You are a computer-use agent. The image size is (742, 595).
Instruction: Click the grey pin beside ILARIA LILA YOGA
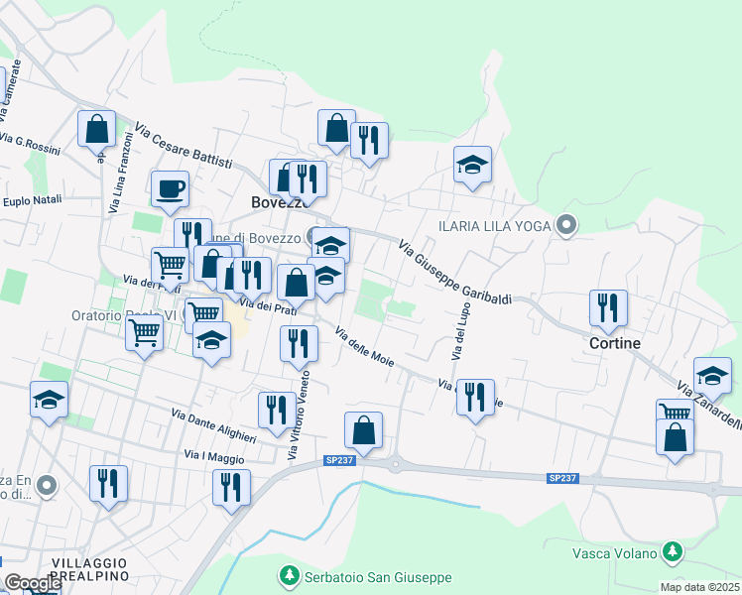pyautogui.click(x=566, y=226)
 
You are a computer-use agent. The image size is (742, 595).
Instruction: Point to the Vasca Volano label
pyautogui.click(x=615, y=552)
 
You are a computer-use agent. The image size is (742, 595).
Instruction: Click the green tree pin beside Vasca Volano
pyautogui.click(x=674, y=550)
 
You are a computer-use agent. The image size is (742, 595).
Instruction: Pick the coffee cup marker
pyautogui.click(x=170, y=187)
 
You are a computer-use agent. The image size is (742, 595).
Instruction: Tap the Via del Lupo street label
pyautogui.click(x=460, y=330)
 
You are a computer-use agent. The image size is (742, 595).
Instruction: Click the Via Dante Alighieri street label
pyautogui.click(x=213, y=425)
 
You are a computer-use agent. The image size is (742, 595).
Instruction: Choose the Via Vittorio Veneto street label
pyautogui.click(x=299, y=415)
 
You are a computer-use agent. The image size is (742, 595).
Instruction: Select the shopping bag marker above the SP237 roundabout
pyautogui.click(x=364, y=430)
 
